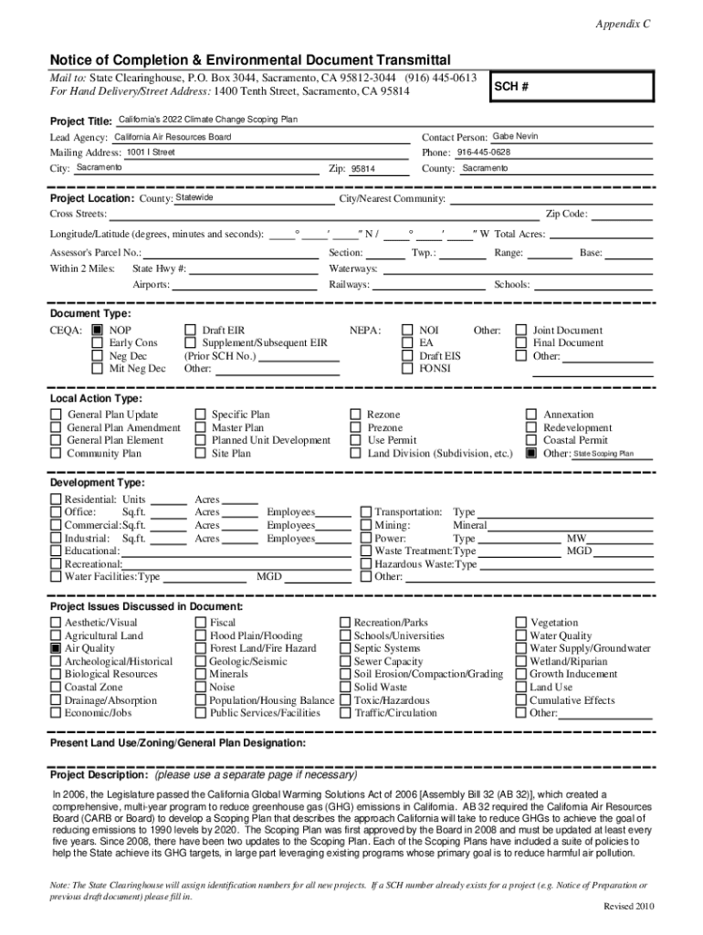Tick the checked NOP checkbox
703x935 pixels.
point(97,331)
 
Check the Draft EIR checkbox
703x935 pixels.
point(191,331)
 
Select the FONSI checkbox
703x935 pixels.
point(407,369)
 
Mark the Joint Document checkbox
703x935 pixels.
point(521,331)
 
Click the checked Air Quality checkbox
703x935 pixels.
point(56,648)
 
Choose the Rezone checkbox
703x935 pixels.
point(356,415)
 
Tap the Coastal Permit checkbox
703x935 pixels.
point(531,440)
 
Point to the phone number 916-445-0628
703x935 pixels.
point(484,152)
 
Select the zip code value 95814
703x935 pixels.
point(363,169)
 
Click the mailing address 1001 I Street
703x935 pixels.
point(151,152)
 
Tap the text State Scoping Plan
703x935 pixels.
point(603,454)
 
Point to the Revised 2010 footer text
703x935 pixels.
point(629,906)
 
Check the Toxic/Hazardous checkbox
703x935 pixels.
point(345,700)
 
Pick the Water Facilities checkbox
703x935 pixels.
point(56,577)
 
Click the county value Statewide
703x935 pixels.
point(194,198)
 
